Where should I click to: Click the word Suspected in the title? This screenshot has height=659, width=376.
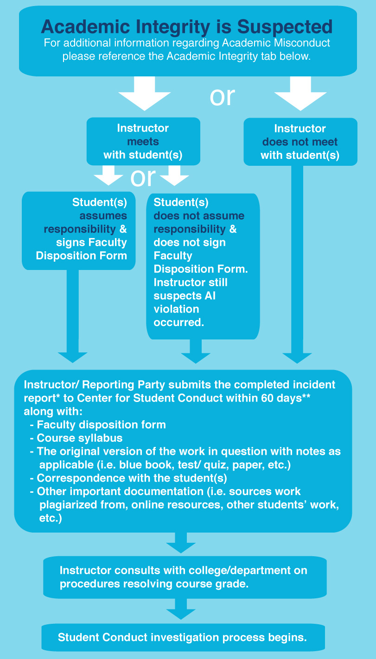click(285, 27)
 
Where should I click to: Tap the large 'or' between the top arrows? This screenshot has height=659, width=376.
click(222, 96)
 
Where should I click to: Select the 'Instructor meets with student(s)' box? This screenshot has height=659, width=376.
click(143, 141)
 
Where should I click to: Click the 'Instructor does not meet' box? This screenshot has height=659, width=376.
click(300, 142)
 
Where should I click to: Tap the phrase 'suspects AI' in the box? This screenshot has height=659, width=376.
click(185, 295)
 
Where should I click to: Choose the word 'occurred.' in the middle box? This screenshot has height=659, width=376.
click(178, 322)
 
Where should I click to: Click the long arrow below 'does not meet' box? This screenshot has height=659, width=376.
click(298, 264)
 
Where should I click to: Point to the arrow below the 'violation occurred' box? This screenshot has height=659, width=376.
click(196, 352)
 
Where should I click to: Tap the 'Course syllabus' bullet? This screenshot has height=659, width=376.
click(79, 438)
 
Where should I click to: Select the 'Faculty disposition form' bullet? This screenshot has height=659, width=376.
click(101, 424)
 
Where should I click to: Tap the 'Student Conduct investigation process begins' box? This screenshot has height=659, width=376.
click(182, 638)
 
